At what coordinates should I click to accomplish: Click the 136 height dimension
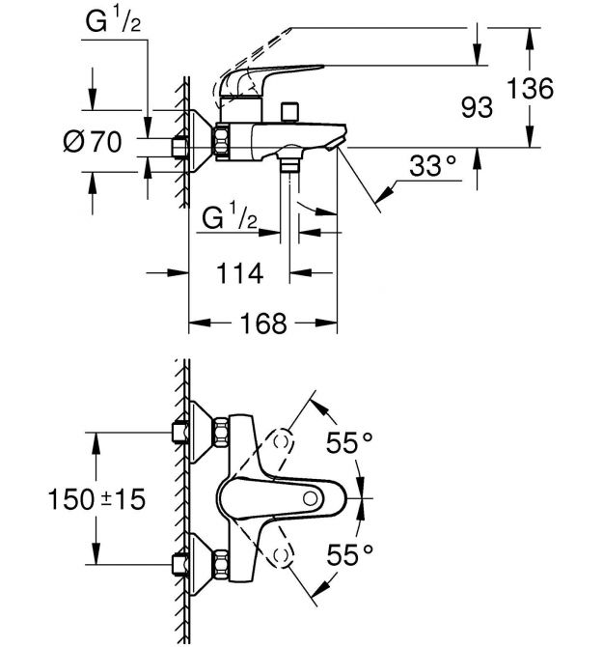click(530, 88)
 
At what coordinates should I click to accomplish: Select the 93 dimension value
click(477, 107)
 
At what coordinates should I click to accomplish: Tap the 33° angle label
click(433, 166)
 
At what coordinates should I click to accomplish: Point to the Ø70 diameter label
click(93, 142)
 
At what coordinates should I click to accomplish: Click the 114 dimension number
click(240, 273)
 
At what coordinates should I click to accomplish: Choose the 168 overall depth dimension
click(263, 323)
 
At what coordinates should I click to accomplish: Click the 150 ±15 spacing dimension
click(96, 499)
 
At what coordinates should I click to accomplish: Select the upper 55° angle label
click(349, 442)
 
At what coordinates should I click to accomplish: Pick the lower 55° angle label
click(349, 554)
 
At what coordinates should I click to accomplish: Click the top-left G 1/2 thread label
click(113, 20)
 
